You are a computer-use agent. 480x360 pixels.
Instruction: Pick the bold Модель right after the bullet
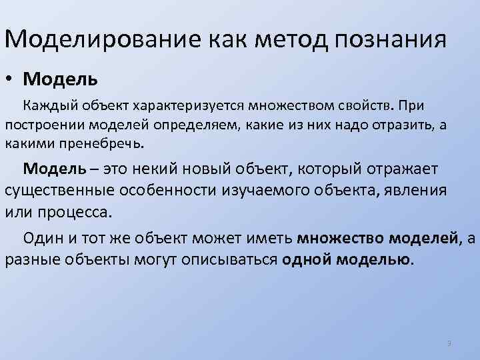(x=60, y=79)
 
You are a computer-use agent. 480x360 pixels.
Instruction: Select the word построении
(x=39, y=124)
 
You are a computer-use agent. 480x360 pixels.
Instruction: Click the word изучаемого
(x=273, y=189)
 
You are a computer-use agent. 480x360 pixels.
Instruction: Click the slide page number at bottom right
(x=449, y=343)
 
